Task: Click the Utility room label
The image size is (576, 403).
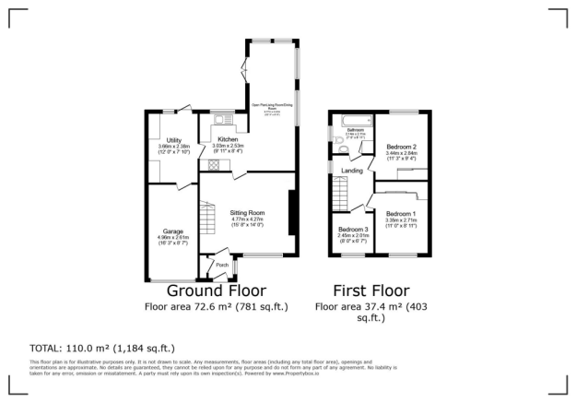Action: [166, 138]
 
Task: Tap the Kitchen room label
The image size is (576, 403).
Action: [227, 138]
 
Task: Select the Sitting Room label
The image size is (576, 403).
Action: [247, 212]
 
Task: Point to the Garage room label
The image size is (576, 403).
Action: [173, 230]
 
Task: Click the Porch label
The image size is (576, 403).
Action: [221, 265]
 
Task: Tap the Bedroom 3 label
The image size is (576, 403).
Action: [353, 229]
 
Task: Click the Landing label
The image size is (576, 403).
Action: [351, 171]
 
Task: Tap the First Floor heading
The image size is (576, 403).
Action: [368, 290]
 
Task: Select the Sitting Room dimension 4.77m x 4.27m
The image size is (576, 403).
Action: [247, 219]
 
